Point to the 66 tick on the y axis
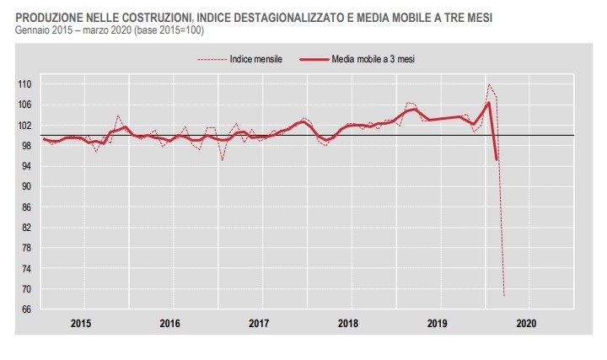25,309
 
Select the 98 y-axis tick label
25,146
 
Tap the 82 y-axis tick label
25,228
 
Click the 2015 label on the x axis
81,323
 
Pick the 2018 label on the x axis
348,323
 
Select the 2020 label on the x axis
525,323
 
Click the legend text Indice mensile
255,59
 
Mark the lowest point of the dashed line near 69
504,296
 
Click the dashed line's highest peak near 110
489,84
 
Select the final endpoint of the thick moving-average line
497,159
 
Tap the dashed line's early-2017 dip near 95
223,160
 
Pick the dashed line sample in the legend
211,59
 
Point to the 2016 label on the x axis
170,323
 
